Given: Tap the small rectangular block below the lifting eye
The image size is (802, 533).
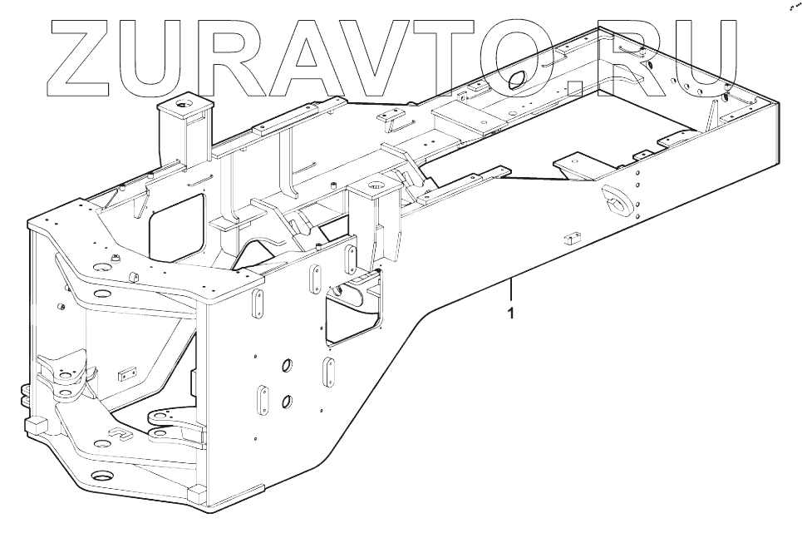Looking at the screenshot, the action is point(570,239).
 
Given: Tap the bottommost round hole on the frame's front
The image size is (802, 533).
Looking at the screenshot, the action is point(102,478).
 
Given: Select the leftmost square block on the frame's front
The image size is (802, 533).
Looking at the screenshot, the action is point(37,425).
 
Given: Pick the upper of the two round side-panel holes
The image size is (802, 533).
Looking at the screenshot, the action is point(288,367).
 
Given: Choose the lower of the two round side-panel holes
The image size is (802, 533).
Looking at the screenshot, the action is point(288,402).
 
